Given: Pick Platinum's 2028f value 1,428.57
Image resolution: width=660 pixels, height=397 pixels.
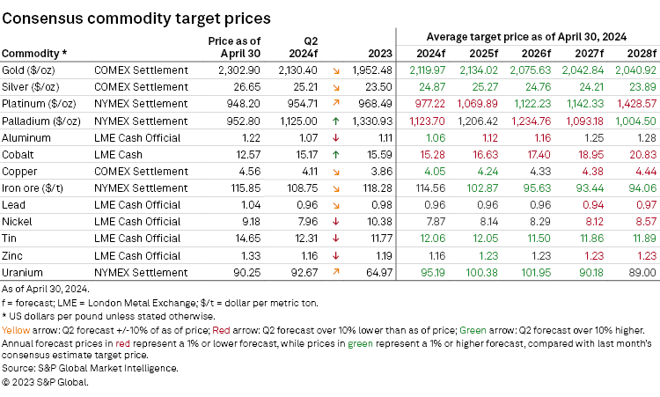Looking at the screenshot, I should [x=634, y=103].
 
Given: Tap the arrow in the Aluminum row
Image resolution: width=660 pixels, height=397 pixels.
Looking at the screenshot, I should [x=338, y=138].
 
